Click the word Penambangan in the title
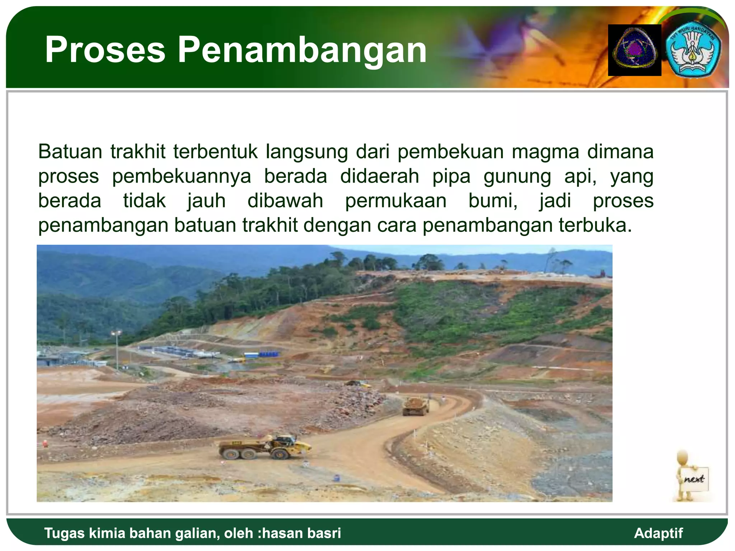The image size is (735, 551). [302, 50]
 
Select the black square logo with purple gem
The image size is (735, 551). [635, 50]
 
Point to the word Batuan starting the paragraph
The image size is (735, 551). [70, 151]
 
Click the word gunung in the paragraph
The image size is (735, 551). [517, 176]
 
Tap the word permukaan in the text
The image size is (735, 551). [395, 201]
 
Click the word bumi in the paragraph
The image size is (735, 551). [493, 201]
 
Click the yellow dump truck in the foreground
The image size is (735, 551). [265, 447]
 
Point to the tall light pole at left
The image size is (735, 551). [117, 350]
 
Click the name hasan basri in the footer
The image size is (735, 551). [301, 533]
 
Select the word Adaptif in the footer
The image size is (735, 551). [658, 533]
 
